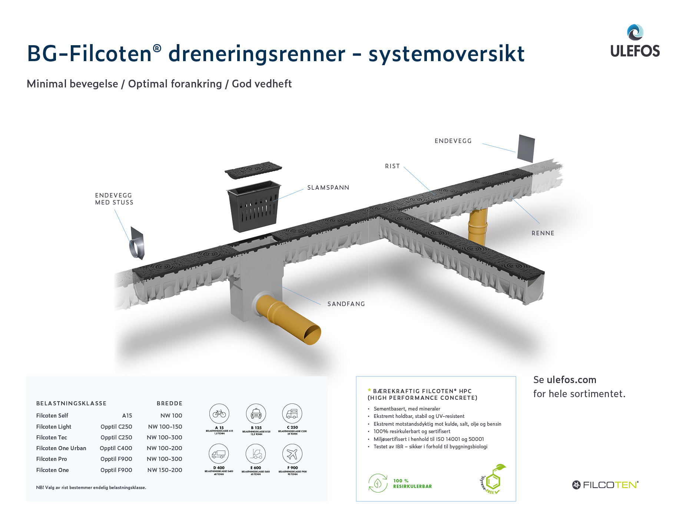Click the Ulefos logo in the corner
(x=635, y=41)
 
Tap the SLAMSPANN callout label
(x=328, y=187)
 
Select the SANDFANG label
(x=346, y=304)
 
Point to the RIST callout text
(x=392, y=166)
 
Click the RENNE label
(x=543, y=233)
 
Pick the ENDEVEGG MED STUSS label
(x=114, y=199)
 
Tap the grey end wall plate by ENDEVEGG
(x=526, y=148)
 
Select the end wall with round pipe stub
(x=136, y=244)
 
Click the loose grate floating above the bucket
(x=253, y=170)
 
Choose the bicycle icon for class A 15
(x=219, y=413)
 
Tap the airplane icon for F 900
(x=292, y=453)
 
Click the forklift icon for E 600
(x=256, y=453)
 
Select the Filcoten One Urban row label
(x=61, y=448)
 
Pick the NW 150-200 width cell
(x=165, y=470)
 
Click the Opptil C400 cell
(x=116, y=448)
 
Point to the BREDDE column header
(x=169, y=403)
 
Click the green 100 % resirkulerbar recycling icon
(x=378, y=483)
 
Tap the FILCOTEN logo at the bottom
(x=605, y=485)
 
